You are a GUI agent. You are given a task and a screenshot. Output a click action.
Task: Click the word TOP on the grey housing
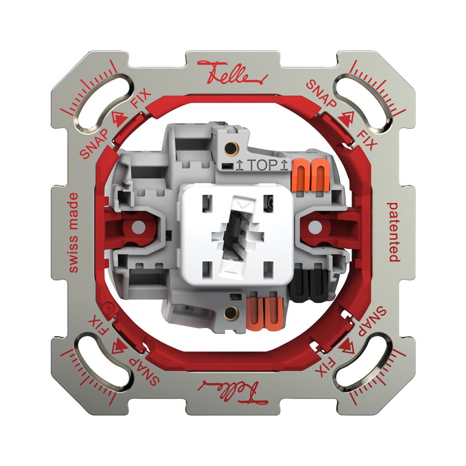click(x=262, y=165)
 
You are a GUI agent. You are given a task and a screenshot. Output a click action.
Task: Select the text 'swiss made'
click(x=74, y=232)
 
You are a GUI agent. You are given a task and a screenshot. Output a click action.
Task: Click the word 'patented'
click(x=393, y=232)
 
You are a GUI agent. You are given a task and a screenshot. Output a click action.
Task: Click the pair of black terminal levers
click(x=309, y=284)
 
